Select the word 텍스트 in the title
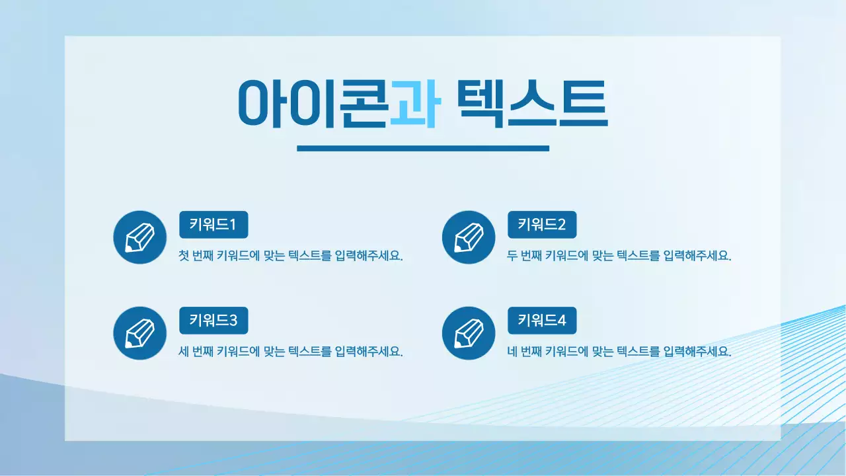[x=531, y=104]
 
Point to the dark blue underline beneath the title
[x=423, y=148]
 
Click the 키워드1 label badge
[x=213, y=225]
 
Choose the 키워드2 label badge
[x=542, y=225]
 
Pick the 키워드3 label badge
[x=213, y=321]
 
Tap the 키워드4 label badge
[x=542, y=321]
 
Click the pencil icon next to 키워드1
[x=139, y=237]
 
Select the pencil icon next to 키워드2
[x=468, y=237]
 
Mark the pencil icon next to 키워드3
[x=139, y=333]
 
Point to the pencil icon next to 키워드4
[x=468, y=333]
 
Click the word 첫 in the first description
[x=184, y=256]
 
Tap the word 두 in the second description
[x=512, y=256]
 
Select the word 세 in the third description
[x=184, y=352]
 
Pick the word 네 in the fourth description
[x=512, y=352]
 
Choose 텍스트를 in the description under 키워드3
[x=309, y=352]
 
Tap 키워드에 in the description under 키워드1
[x=238, y=256]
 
